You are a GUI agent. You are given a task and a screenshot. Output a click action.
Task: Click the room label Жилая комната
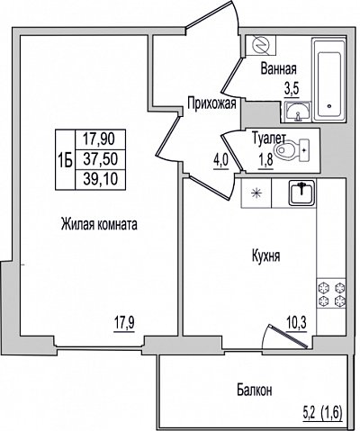point(99,224)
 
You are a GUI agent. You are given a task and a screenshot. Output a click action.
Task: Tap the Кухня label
point(266,256)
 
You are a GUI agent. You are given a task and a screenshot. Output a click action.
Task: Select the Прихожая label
point(211,103)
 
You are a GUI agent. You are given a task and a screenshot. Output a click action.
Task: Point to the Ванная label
point(279,69)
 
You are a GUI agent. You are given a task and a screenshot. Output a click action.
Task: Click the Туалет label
point(269,138)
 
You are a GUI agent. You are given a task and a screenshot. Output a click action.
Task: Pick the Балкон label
point(255,391)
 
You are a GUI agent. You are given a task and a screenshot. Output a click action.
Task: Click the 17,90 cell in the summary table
point(99,139)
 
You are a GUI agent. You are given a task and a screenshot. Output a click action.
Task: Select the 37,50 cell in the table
point(100,159)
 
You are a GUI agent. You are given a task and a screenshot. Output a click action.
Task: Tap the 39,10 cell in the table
point(100,179)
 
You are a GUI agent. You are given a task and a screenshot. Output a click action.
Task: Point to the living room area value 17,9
point(124,324)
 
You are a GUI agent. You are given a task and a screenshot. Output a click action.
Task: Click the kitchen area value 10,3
point(296,324)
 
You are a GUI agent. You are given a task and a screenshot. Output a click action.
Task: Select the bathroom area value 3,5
point(292,90)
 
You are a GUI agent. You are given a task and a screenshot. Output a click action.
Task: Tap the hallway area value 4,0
point(221,162)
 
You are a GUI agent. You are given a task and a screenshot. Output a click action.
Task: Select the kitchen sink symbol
point(301,193)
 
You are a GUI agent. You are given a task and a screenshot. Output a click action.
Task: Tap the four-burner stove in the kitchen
point(331,293)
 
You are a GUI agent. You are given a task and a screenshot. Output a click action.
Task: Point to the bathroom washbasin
point(298,112)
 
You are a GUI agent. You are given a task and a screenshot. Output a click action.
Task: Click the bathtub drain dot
point(329,106)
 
